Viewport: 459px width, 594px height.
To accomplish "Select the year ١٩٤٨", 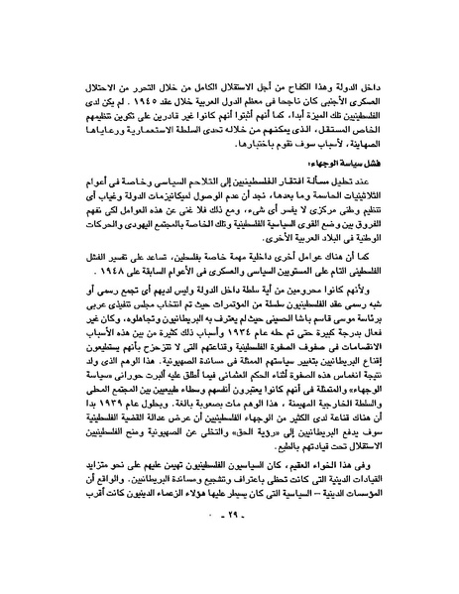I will pos(106,267).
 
